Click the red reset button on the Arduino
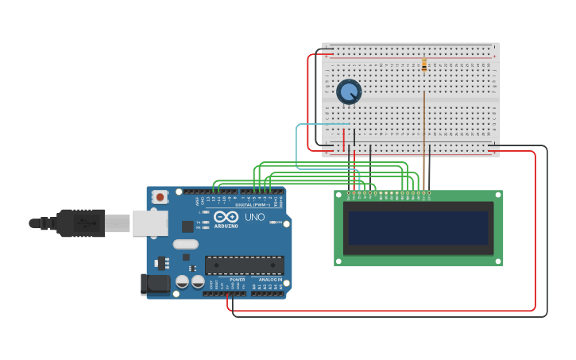coord(160,196)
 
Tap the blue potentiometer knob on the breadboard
coord(349,91)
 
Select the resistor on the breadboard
coord(424,65)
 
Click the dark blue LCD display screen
coord(418,228)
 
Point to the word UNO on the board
coord(254,217)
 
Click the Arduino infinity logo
coord(226,217)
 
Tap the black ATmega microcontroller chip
coord(244,265)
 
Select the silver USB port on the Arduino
coord(150,223)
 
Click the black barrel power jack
coord(154,284)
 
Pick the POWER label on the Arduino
coord(237,280)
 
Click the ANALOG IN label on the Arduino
coord(270,280)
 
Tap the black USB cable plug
coord(79,223)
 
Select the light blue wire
coord(297,147)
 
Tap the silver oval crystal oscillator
coord(184,245)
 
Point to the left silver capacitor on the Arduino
coord(183,281)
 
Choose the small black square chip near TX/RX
coord(187,226)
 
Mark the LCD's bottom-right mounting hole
coord(497,260)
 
